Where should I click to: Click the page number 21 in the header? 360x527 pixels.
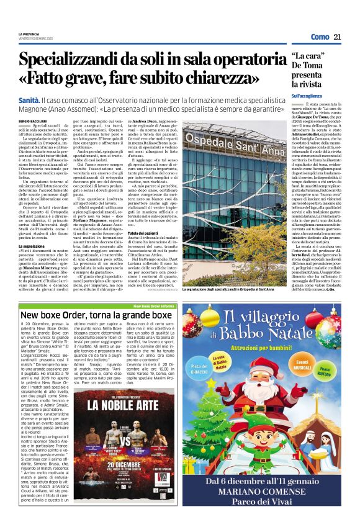[x=338, y=37]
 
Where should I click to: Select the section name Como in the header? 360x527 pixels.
[x=320, y=37]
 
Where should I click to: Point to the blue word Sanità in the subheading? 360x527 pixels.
[x=29, y=99]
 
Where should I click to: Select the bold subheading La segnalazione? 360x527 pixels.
[x=33, y=246]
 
